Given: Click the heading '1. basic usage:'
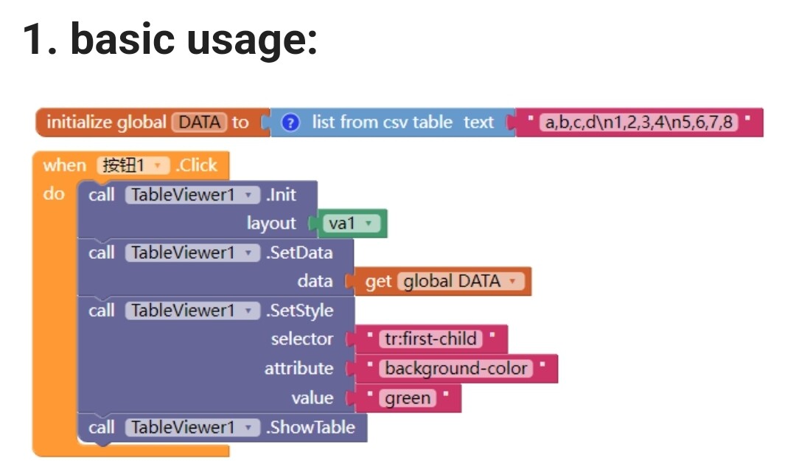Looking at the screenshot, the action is [170, 40].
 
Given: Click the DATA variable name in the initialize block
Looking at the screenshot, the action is [200, 122].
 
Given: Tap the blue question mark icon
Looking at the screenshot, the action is [290, 122].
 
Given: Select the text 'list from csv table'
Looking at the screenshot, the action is [382, 122].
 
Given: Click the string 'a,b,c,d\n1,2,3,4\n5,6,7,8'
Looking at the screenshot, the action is [638, 122].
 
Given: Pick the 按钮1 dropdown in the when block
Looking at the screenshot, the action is [133, 165].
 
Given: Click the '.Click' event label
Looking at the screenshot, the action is [197, 165].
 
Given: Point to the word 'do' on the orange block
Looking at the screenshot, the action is [54, 194].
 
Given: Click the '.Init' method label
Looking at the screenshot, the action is [282, 195].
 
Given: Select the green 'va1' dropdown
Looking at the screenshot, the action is [352, 223].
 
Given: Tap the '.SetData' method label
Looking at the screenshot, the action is [299, 252].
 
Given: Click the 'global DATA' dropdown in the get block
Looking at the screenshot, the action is [461, 282].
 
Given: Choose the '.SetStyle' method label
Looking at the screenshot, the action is [299, 311].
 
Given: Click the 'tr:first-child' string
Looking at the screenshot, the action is [430, 339].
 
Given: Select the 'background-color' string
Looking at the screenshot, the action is [456, 369].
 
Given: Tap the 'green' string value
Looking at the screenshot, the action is [408, 398].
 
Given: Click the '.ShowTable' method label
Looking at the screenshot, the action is [310, 428].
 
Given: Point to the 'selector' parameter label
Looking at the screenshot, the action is [302, 339].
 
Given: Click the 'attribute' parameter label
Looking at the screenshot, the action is [299, 369].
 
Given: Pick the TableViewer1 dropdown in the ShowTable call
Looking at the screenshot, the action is [192, 428].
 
